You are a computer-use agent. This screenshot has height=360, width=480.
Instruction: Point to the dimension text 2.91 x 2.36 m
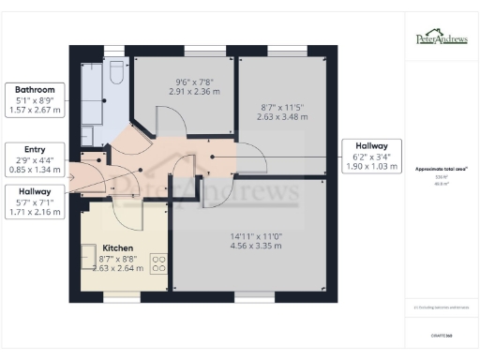click(182, 92)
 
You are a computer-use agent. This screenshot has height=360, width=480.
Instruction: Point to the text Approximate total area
click(442, 169)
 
